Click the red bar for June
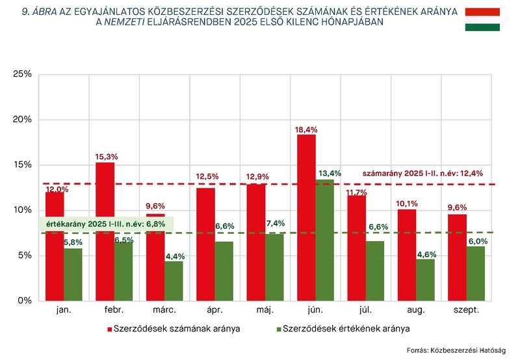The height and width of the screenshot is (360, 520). click(306, 218)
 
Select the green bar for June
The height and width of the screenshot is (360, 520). click(324, 240)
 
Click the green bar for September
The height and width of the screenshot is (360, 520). click(476, 274)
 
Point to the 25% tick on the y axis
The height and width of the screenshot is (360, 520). click(22, 74)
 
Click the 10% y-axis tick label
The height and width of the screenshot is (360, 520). click(22, 210)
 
